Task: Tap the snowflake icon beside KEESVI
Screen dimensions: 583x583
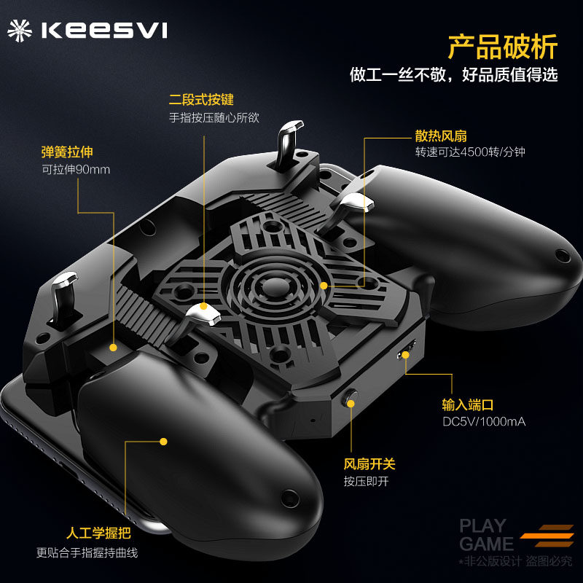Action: (x=21, y=30)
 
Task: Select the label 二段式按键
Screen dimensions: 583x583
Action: (x=201, y=100)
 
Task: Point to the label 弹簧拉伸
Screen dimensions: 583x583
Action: (x=67, y=152)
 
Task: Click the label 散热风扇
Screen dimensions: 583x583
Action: (x=441, y=136)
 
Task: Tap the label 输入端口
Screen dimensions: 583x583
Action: (x=468, y=404)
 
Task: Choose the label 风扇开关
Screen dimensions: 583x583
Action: (x=369, y=463)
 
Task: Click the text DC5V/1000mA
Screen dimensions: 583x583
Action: (x=484, y=422)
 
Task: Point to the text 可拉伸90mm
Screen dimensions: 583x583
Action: (x=76, y=170)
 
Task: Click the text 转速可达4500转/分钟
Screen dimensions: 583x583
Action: (x=470, y=153)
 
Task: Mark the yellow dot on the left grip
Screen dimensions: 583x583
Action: (x=164, y=441)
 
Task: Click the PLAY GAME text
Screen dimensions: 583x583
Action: (x=485, y=534)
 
